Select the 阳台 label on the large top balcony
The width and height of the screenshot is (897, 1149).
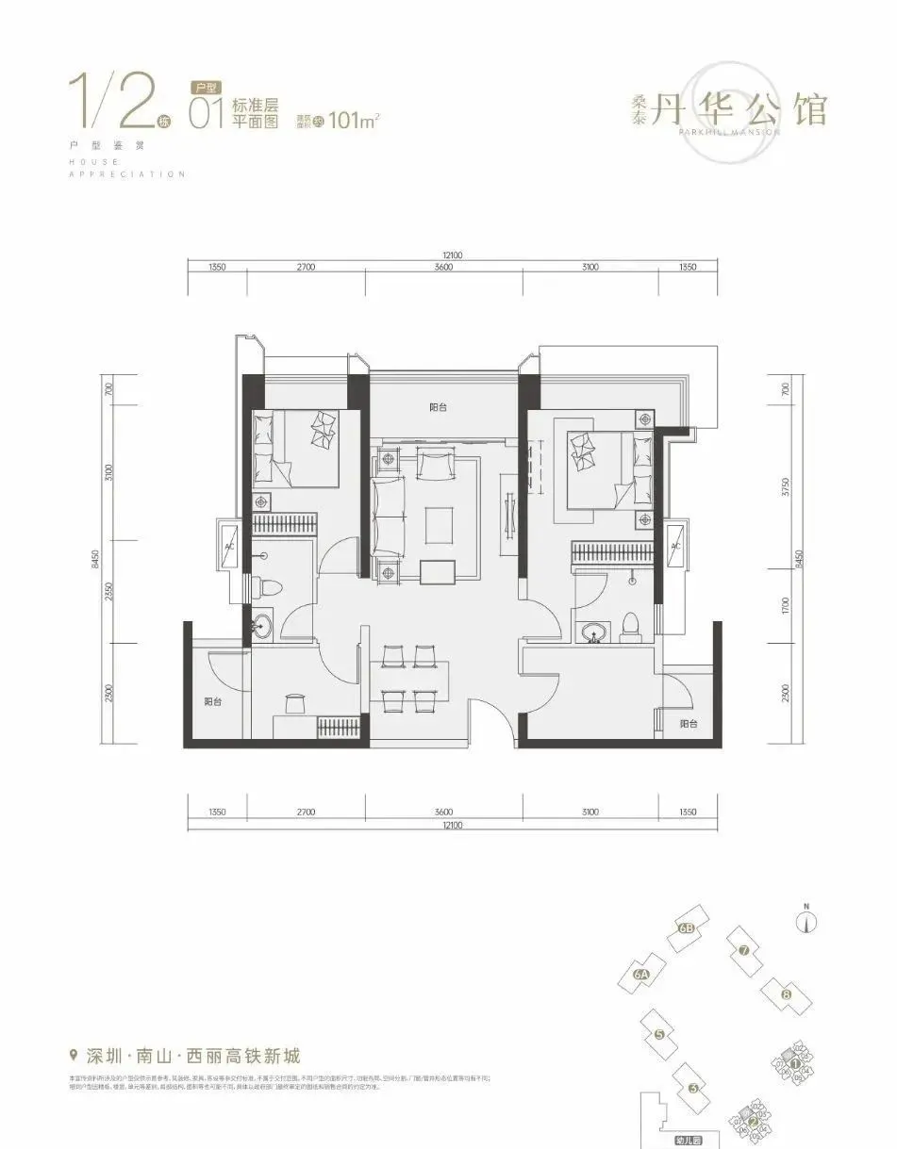438,407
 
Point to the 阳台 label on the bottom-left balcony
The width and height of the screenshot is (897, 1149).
213,701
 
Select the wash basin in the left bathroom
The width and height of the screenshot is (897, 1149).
261,625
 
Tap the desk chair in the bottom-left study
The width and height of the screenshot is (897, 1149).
295,702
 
